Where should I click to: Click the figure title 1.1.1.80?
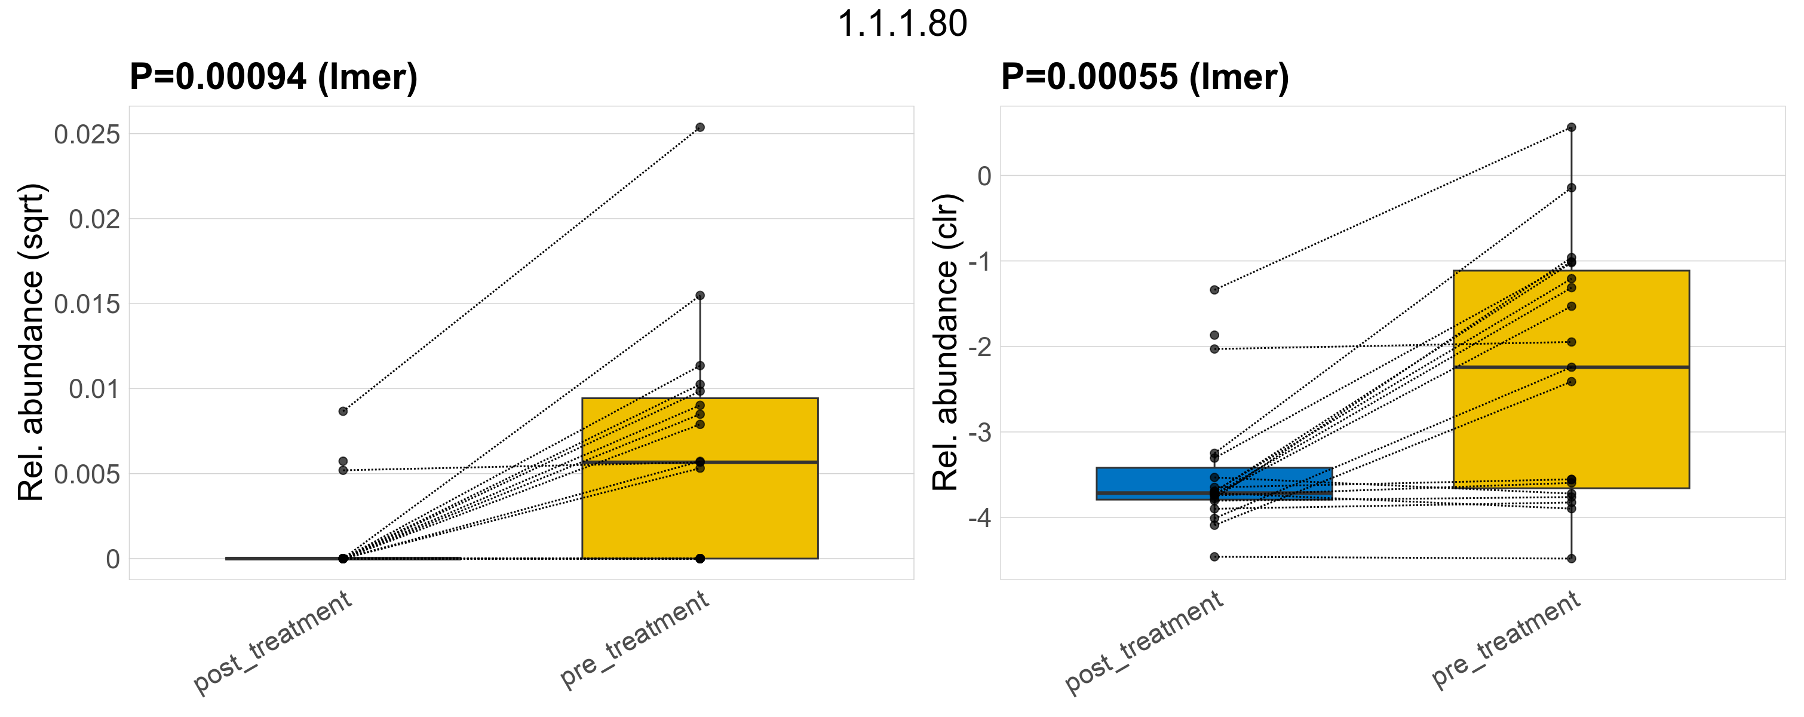(902, 24)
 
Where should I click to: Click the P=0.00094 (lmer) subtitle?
(273, 76)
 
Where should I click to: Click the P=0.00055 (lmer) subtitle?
(1145, 76)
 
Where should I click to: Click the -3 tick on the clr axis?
(980, 433)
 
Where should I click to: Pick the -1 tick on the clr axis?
(980, 262)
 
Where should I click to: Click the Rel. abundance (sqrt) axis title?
(31, 342)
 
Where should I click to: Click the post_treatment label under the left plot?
(272, 643)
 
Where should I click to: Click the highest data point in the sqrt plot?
(699, 127)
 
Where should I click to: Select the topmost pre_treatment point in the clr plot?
(1572, 127)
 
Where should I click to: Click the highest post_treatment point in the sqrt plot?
(343, 411)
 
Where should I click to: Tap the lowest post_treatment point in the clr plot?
(1214, 557)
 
